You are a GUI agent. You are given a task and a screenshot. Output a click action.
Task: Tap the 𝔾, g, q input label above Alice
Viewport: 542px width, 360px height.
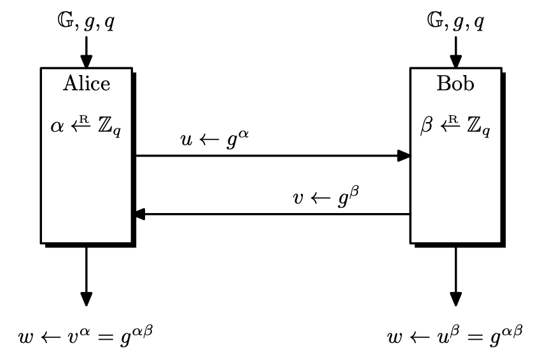(x=86, y=24)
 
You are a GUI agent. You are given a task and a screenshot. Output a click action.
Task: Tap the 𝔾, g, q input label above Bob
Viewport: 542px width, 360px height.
(x=455, y=24)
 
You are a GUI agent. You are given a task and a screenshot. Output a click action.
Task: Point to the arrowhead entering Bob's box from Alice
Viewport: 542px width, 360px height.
(x=403, y=155)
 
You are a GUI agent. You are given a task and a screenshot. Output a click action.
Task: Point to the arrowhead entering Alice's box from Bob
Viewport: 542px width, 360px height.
(x=139, y=214)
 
